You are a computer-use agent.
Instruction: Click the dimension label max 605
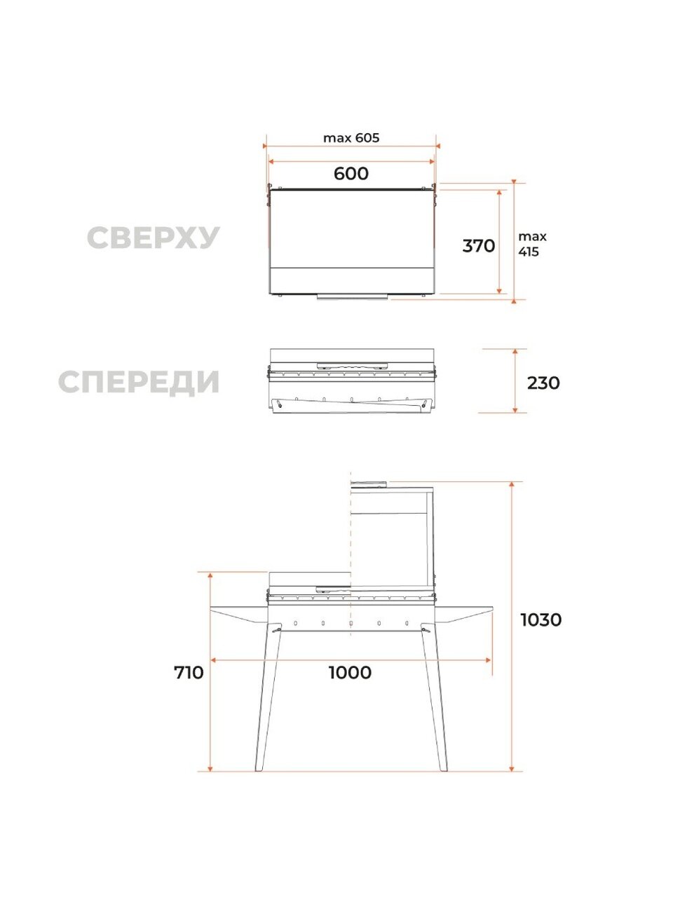click(351, 138)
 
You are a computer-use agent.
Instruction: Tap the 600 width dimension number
click(351, 174)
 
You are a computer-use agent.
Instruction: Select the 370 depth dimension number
click(479, 246)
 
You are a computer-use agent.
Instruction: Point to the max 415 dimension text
click(532, 245)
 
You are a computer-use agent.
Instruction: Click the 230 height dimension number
click(543, 383)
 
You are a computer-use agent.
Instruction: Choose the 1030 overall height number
click(541, 620)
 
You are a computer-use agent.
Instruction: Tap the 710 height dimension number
click(189, 673)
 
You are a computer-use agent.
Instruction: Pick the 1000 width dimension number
click(351, 673)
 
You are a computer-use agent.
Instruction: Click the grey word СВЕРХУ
click(154, 238)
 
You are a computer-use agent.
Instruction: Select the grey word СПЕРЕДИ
click(139, 383)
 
